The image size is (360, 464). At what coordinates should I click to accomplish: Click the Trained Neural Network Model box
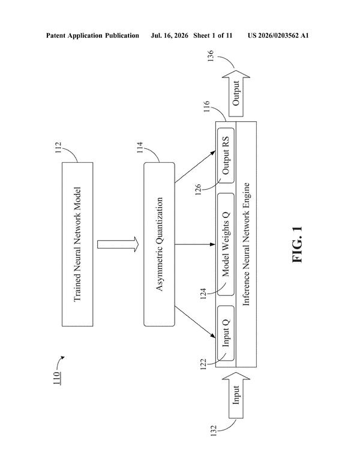point(77,244)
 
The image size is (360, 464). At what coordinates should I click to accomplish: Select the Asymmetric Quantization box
point(159,244)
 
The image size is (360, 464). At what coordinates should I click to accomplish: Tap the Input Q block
point(226,333)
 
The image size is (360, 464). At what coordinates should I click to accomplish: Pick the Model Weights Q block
point(226,244)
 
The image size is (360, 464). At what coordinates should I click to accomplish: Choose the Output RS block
point(226,155)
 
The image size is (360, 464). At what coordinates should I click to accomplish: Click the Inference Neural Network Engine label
point(246,244)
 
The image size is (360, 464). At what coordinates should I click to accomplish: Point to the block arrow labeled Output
point(236,93)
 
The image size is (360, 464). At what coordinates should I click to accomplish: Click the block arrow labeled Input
point(236,395)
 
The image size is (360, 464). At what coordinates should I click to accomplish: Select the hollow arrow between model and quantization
point(118,244)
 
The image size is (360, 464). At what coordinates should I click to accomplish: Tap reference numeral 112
point(58,148)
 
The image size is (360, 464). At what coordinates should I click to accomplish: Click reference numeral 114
point(140,148)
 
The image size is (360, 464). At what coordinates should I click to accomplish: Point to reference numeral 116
point(206,106)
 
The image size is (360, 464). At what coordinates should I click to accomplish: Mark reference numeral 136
point(211,56)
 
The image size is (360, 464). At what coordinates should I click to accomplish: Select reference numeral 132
point(214,431)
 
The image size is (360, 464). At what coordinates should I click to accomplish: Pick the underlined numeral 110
point(58,378)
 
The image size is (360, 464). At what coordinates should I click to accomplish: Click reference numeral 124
point(203,294)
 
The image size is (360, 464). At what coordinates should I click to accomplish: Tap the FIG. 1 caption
point(297,244)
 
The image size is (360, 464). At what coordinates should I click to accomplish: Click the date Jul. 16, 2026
point(169,35)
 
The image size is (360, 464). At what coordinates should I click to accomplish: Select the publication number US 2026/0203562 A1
point(278,35)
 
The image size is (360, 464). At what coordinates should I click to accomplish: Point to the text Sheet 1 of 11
point(213,35)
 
